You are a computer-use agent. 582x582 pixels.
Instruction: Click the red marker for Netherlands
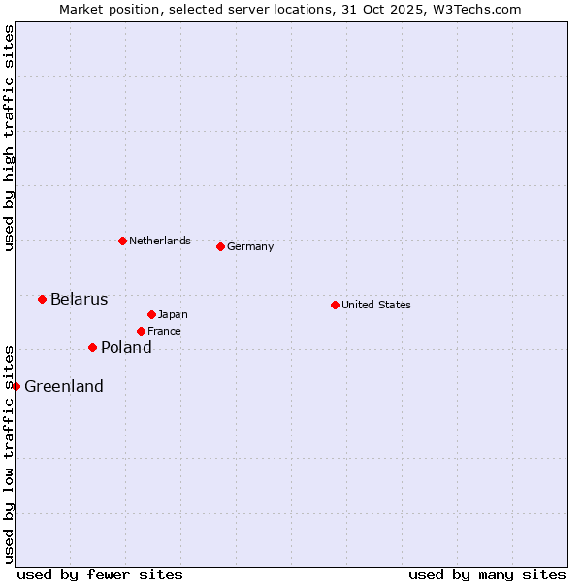click(122, 241)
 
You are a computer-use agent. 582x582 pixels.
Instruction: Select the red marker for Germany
click(220, 246)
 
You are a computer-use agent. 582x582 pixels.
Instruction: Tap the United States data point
click(335, 305)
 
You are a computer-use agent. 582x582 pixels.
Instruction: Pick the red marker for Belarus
click(42, 299)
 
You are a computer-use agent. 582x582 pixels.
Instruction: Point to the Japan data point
click(151, 314)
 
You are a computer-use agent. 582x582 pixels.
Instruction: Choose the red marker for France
click(141, 331)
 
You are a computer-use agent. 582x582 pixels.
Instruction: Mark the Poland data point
click(92, 347)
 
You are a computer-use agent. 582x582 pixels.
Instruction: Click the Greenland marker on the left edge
click(16, 386)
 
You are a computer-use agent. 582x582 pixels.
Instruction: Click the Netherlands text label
click(160, 241)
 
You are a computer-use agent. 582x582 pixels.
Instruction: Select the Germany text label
click(250, 246)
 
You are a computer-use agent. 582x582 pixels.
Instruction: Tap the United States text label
click(376, 305)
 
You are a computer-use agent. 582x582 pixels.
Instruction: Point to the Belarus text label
click(80, 299)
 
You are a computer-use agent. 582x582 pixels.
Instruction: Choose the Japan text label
click(173, 314)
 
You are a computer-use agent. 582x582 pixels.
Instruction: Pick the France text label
click(164, 331)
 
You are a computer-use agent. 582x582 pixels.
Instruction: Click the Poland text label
click(126, 347)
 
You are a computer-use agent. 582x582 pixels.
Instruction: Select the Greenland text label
click(64, 386)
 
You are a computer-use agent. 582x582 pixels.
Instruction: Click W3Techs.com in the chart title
click(477, 9)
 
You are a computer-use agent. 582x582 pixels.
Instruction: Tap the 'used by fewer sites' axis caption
click(100, 574)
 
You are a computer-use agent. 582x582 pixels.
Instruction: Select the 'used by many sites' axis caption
click(487, 574)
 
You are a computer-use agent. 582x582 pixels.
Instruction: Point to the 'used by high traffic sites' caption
click(9, 138)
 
